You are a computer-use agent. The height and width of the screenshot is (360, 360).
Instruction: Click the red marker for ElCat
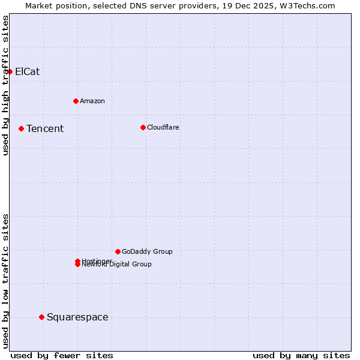10,71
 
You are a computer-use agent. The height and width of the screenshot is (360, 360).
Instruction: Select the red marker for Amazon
76,101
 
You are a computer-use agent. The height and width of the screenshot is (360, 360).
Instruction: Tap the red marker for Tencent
21,128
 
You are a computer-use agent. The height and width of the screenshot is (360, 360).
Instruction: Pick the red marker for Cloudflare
143,127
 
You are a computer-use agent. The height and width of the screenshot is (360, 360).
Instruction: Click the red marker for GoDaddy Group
118,251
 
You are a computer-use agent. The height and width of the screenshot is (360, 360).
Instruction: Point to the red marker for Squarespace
41,317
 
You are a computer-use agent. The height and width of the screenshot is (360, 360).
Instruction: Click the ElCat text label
27,71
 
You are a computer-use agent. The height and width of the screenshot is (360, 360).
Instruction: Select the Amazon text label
92,101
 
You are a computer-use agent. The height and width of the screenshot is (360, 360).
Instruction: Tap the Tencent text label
45,128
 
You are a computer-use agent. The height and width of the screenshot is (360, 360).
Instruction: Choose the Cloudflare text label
163,127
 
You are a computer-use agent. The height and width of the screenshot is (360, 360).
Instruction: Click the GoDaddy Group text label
147,251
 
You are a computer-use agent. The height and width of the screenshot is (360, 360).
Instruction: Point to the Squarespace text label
77,317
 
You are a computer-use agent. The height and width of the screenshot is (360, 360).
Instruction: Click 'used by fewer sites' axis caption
62,355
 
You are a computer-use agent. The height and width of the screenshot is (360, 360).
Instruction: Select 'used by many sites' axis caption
301,355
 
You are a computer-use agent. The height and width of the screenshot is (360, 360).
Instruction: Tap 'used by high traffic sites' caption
6,85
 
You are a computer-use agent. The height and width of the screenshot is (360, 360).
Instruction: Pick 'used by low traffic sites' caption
6,281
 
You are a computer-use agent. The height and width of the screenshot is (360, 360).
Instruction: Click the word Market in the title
40,5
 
